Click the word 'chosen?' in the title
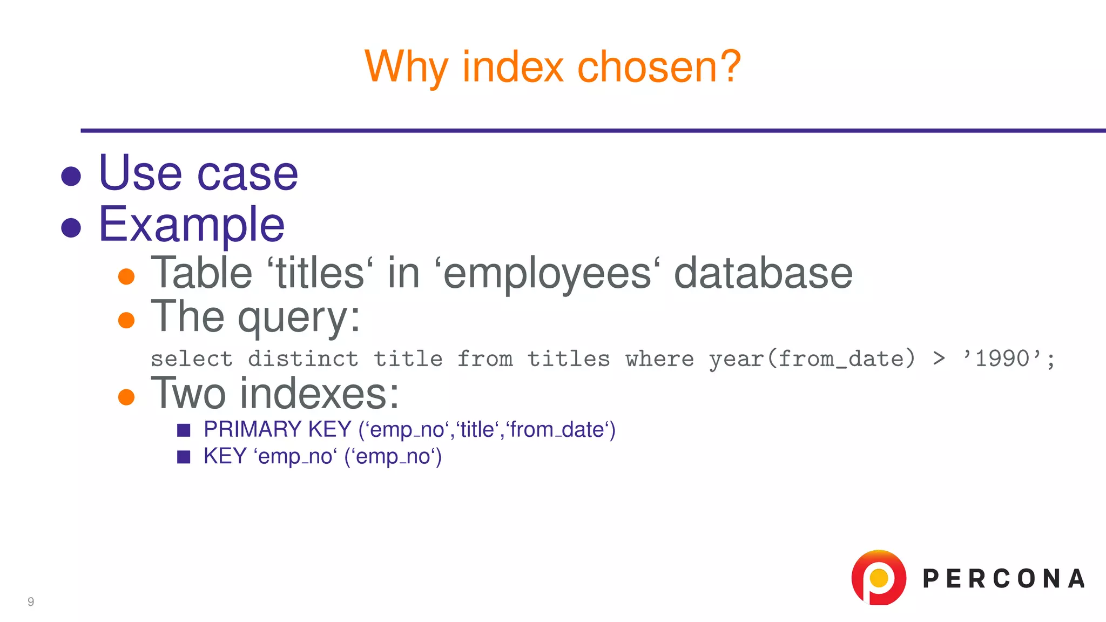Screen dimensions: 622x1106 pos(659,66)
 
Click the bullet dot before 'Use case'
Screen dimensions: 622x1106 pos(71,176)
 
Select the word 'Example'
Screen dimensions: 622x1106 pos(192,225)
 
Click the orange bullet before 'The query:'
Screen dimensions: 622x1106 pos(126,320)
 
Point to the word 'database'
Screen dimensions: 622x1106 pos(763,273)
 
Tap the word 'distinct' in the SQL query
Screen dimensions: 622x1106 pos(303,359)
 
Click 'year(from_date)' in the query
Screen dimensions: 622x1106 pos(812,359)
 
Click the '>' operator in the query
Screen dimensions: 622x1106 pos(939,359)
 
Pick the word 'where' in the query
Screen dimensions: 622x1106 pos(659,359)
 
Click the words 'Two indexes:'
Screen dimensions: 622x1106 pos(275,394)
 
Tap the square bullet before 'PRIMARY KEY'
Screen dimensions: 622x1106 pos(184,430)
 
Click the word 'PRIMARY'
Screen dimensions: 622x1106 pos(252,430)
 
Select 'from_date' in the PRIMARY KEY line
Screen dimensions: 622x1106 pos(557,430)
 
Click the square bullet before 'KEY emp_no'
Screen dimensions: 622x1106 pos(184,457)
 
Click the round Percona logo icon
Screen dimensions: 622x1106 pos(879,578)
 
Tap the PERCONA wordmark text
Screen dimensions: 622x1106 pos(1003,579)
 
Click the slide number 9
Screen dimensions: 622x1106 pos(31,601)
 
